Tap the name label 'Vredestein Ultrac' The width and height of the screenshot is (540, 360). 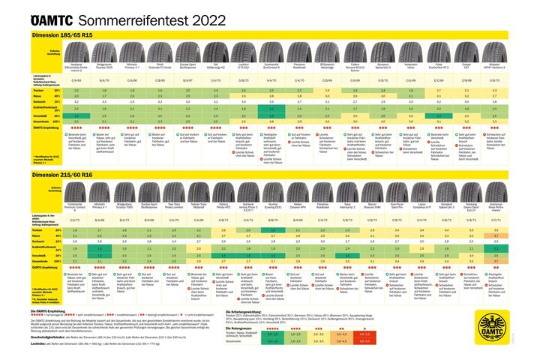(x=412, y=66)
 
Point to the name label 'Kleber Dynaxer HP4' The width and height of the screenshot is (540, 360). (x=298, y=205)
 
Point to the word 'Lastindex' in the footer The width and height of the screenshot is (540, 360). (x=42, y=344)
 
